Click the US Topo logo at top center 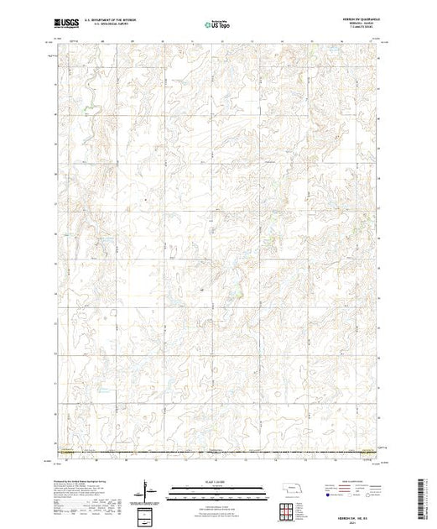click(x=218, y=25)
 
